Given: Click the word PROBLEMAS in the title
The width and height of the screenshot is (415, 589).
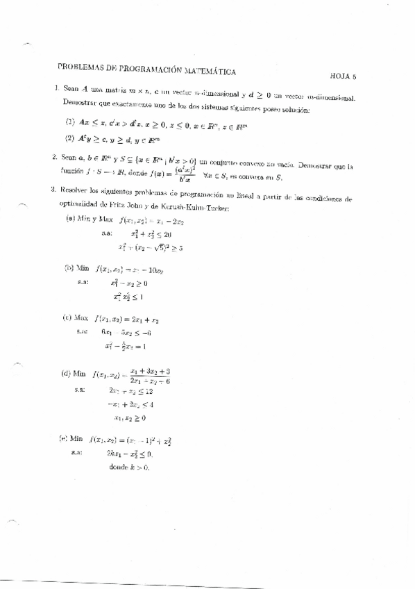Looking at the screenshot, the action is pyautogui.click(x=78, y=68).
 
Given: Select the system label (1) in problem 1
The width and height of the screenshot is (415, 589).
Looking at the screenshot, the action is pyautogui.click(x=70, y=121).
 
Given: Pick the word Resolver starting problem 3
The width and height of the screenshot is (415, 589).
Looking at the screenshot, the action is pyautogui.click(x=76, y=189).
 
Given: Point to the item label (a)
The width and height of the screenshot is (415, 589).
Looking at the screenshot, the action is pyautogui.click(x=70, y=219).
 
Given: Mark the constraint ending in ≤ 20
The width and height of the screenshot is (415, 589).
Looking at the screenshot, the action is pyautogui.click(x=154, y=234).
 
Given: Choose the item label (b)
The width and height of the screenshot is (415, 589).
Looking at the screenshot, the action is pyautogui.click(x=69, y=267).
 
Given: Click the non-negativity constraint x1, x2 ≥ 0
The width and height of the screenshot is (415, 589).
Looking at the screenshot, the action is pyautogui.click(x=130, y=417).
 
